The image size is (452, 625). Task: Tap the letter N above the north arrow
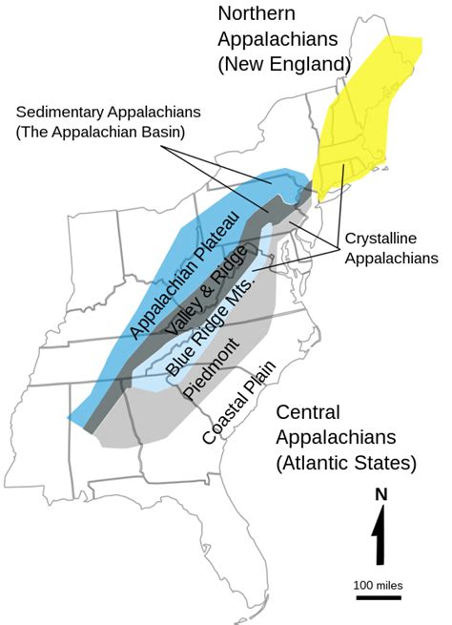(x=380, y=494)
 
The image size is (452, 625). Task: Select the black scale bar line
(x=379, y=598)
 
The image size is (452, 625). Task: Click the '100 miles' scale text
(x=379, y=583)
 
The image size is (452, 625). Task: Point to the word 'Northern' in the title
(x=256, y=13)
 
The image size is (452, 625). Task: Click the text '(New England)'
(x=283, y=64)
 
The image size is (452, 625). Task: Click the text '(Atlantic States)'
(x=345, y=464)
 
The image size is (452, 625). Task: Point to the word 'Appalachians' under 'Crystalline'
(x=392, y=257)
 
